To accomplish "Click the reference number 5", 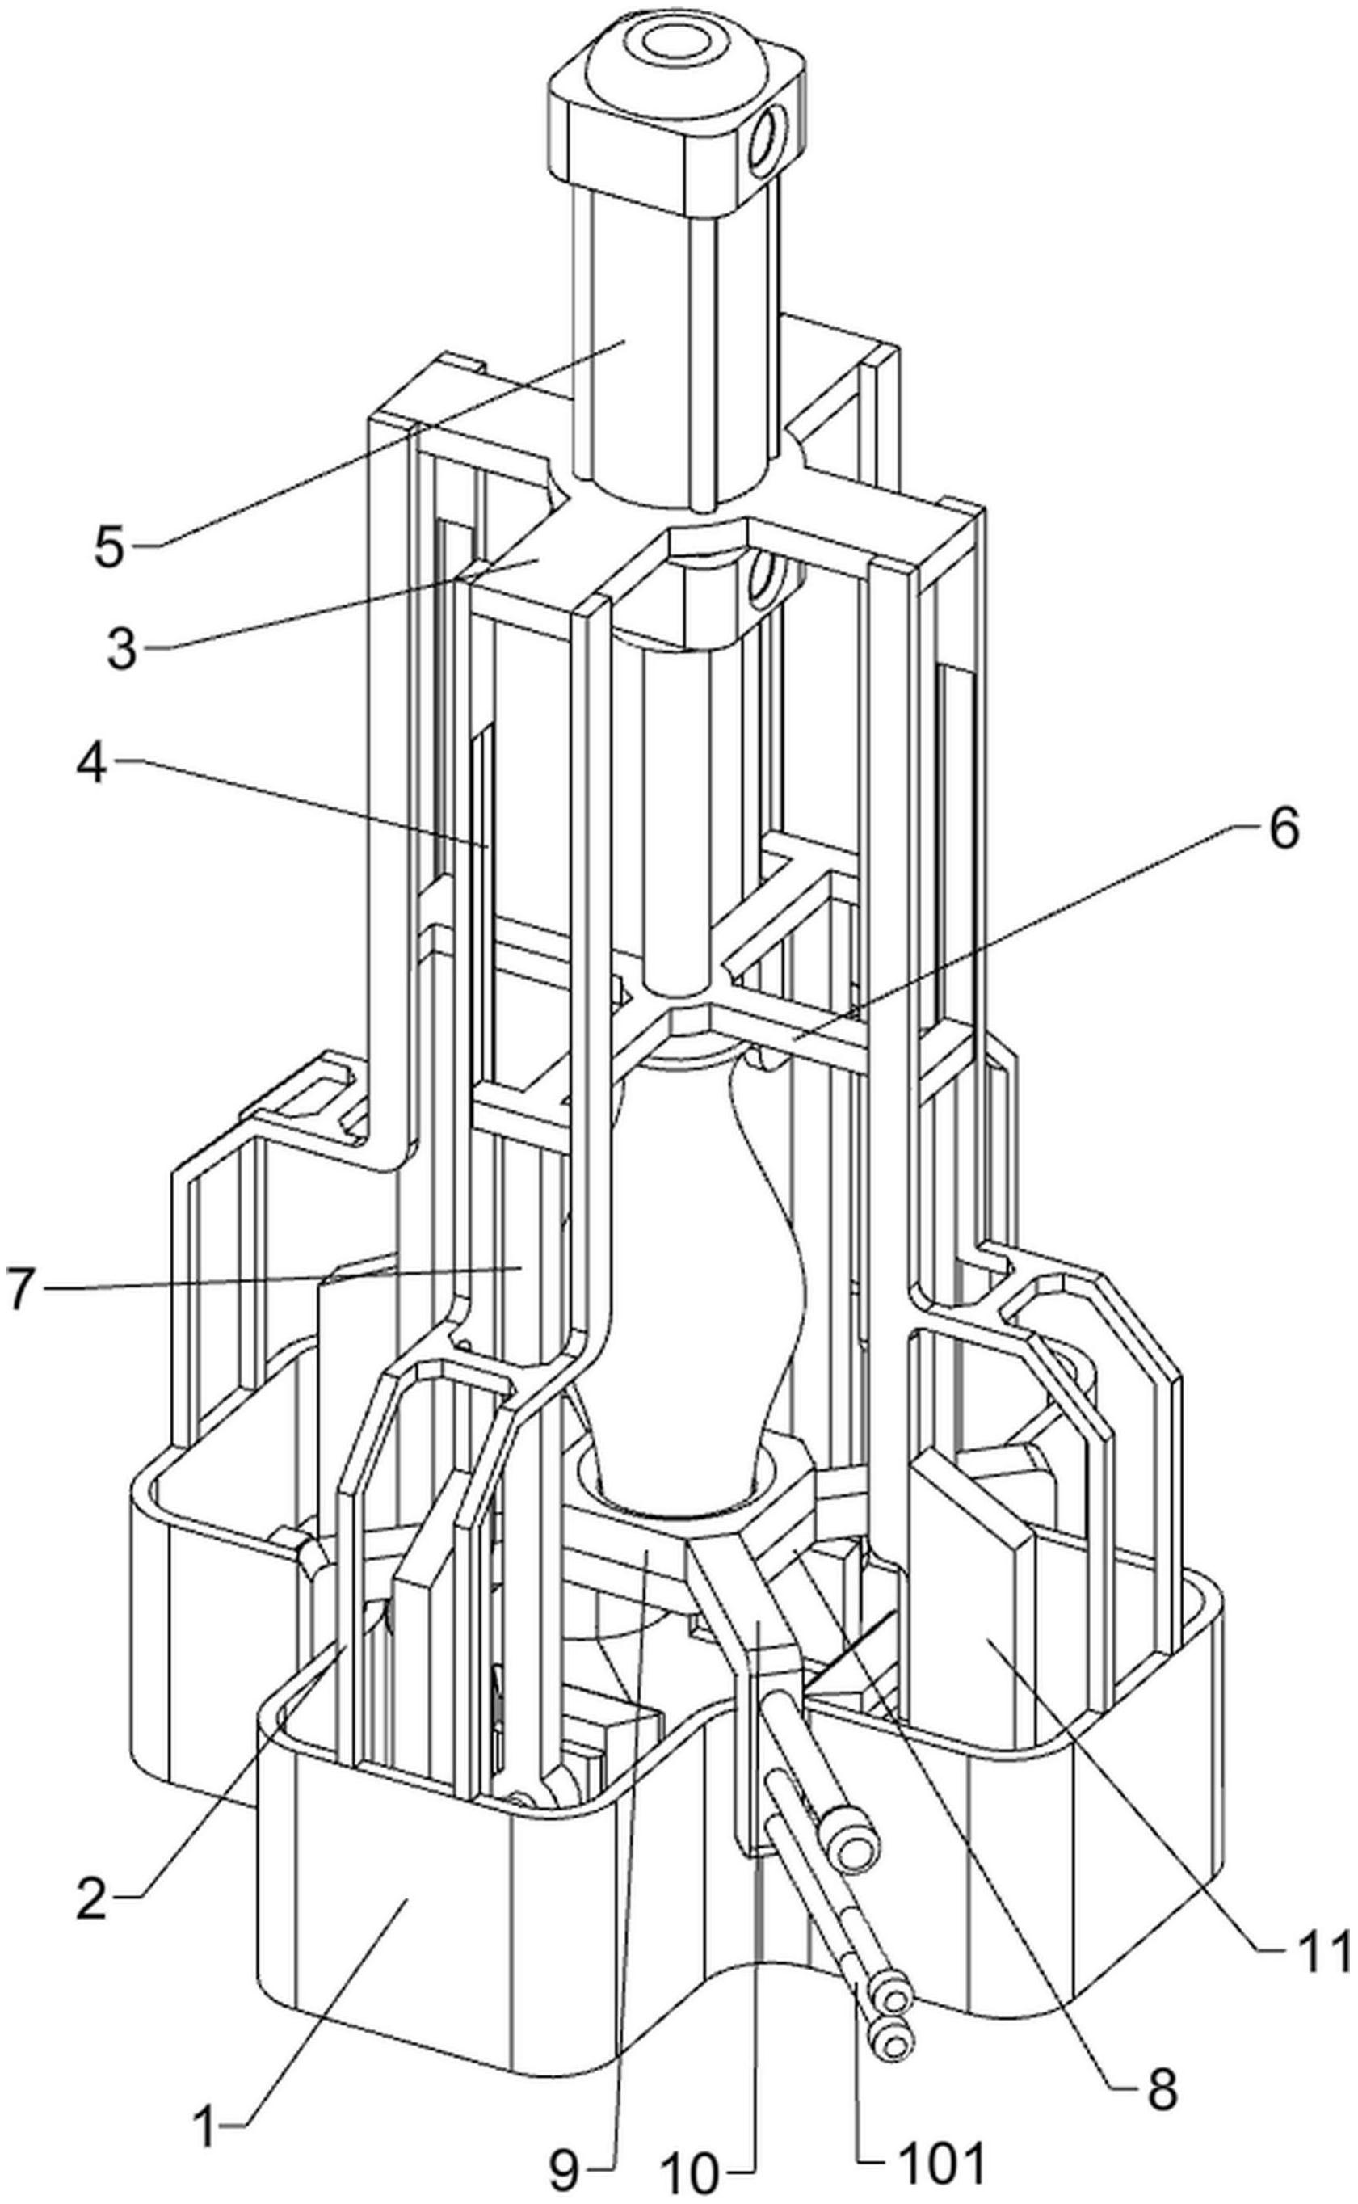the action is [109, 546].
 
